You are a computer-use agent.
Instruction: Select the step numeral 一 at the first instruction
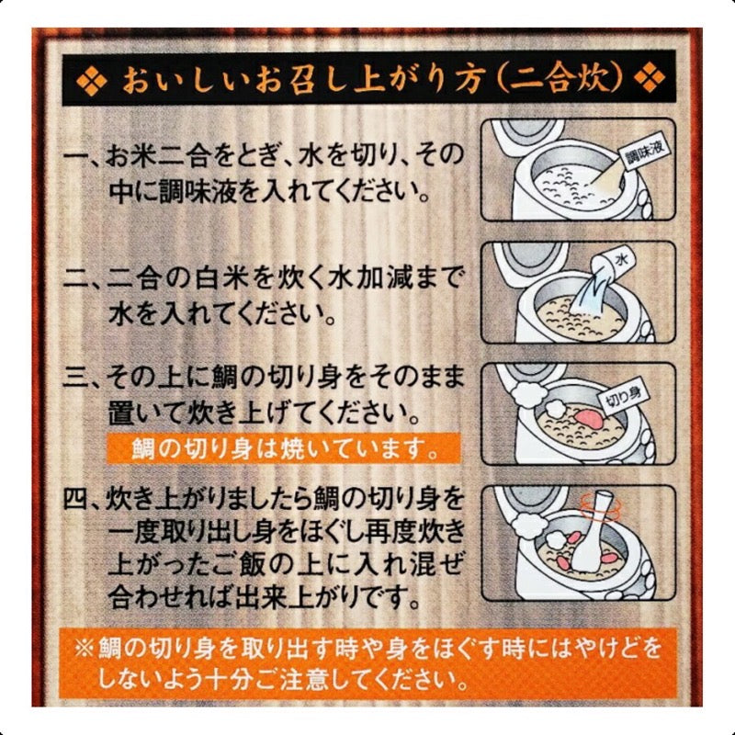coord(85,153)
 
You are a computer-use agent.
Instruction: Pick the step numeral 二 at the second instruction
coord(85,278)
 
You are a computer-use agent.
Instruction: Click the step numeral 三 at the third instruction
coord(85,378)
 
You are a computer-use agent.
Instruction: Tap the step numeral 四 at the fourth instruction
coord(85,502)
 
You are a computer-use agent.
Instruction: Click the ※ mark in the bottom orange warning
coord(84,650)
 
